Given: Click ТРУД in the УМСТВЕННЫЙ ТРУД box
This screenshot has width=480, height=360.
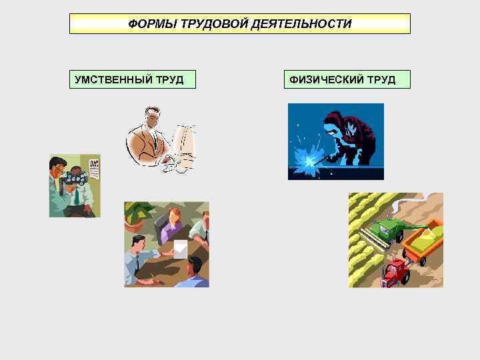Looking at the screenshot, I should point(169,80).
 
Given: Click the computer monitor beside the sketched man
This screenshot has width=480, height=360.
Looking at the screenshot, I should point(184,140).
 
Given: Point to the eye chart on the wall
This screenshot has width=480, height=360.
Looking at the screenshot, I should point(93,173).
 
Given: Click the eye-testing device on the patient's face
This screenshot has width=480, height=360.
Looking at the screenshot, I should point(73,178).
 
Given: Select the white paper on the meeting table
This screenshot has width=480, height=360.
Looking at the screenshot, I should point(180,249).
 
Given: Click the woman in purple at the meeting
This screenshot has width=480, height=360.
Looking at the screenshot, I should point(172,223).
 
